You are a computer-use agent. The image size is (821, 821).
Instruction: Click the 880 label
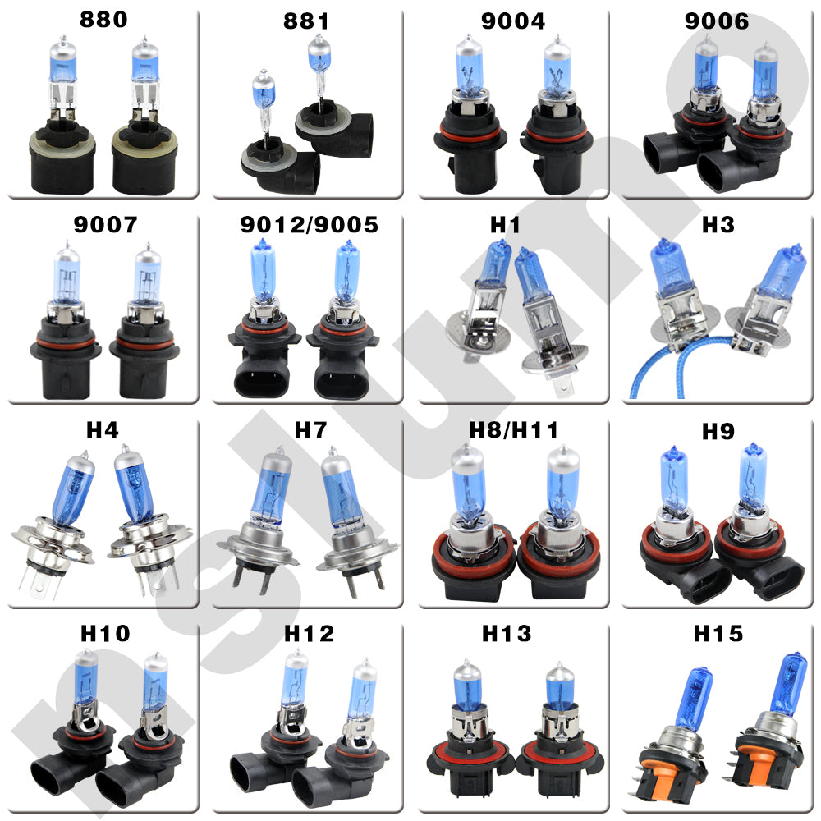pos(103,20)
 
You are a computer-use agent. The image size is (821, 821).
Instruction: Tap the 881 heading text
pos(306,21)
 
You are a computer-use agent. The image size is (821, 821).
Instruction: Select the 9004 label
pos(513,21)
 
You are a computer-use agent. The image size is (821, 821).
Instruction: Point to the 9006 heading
pos(717,21)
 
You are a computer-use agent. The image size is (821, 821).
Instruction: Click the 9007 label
pos(105,225)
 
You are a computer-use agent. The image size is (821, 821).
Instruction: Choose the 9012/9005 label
pos(309,225)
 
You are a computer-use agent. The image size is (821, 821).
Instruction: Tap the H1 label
pos(505,225)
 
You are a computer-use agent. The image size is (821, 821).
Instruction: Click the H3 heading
pos(718,225)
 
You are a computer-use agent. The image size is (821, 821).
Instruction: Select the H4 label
pos(102,430)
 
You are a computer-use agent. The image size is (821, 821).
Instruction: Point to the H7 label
pos(311,430)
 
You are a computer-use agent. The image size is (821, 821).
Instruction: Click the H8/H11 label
pos(513,430)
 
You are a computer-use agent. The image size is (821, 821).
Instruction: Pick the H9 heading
pos(718,432)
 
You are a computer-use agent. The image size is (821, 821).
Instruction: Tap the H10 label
pos(105,634)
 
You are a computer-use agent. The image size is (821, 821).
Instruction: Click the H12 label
pos(309,634)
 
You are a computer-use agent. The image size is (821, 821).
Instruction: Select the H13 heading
pos(507,634)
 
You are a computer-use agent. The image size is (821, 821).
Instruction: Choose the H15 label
pos(718,634)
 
